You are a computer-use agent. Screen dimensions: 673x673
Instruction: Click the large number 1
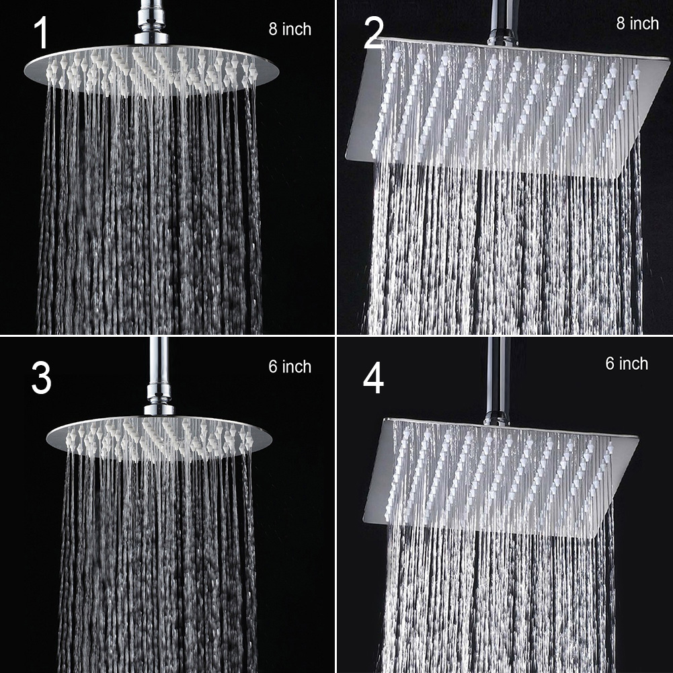click(41, 33)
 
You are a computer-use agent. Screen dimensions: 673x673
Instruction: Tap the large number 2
click(373, 34)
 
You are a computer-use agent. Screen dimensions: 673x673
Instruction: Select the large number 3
click(41, 378)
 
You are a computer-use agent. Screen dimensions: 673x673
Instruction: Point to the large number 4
click(373, 379)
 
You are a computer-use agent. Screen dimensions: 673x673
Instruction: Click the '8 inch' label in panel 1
click(290, 29)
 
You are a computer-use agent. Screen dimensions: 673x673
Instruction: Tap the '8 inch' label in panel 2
click(637, 23)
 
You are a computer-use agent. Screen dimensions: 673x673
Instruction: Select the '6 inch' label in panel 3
click(290, 366)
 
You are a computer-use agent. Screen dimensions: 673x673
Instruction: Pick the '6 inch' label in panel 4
click(627, 364)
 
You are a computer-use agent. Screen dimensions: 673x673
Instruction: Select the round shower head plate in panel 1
click(151, 69)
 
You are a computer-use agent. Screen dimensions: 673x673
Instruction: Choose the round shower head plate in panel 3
click(159, 437)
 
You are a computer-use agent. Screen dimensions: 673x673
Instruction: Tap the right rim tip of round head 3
click(272, 438)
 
